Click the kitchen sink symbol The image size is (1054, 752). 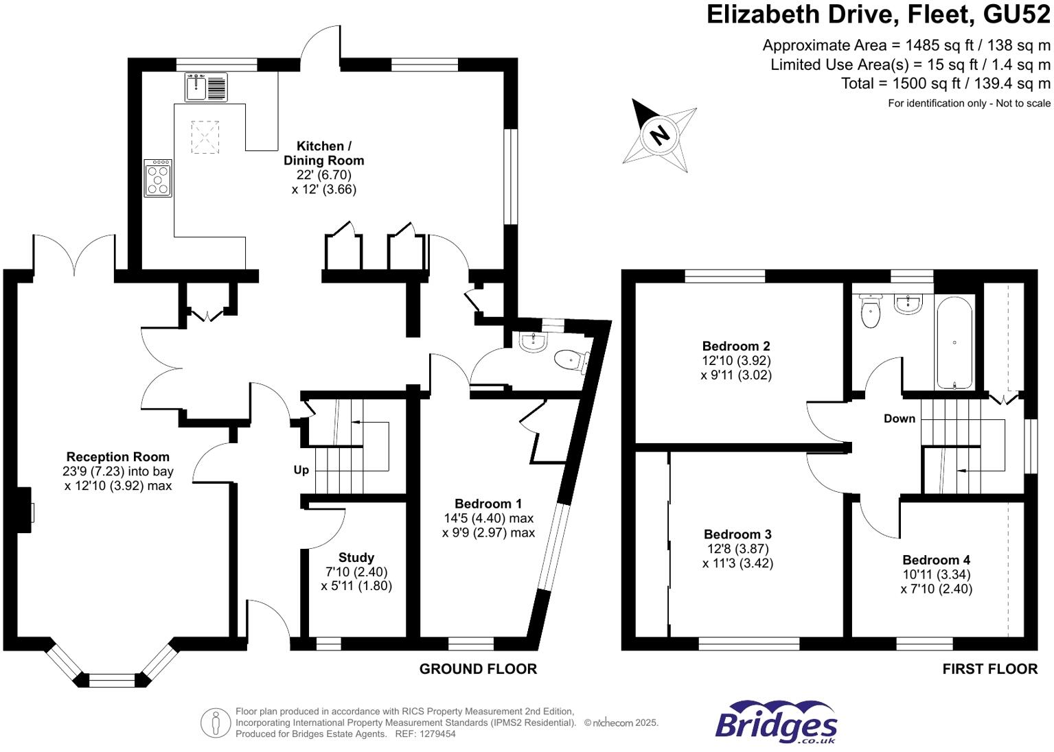click(206, 87)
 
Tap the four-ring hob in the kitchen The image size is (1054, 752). click(158, 178)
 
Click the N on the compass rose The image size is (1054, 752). click(659, 134)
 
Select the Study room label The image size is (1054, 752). click(356, 558)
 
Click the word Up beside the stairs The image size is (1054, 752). click(301, 470)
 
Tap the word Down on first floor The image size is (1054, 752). click(899, 419)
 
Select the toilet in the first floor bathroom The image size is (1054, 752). click(870, 312)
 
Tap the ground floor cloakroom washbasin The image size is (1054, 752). click(533, 341)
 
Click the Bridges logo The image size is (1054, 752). click(776, 722)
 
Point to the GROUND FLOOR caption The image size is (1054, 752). click(478, 669)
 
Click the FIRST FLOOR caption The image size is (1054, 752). click(989, 669)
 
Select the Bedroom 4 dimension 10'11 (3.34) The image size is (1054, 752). click(936, 574)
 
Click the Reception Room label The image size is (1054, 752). click(117, 457)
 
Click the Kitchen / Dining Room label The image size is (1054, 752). click(323, 153)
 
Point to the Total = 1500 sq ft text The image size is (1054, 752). click(946, 84)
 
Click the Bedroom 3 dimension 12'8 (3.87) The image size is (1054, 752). click(737, 549)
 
